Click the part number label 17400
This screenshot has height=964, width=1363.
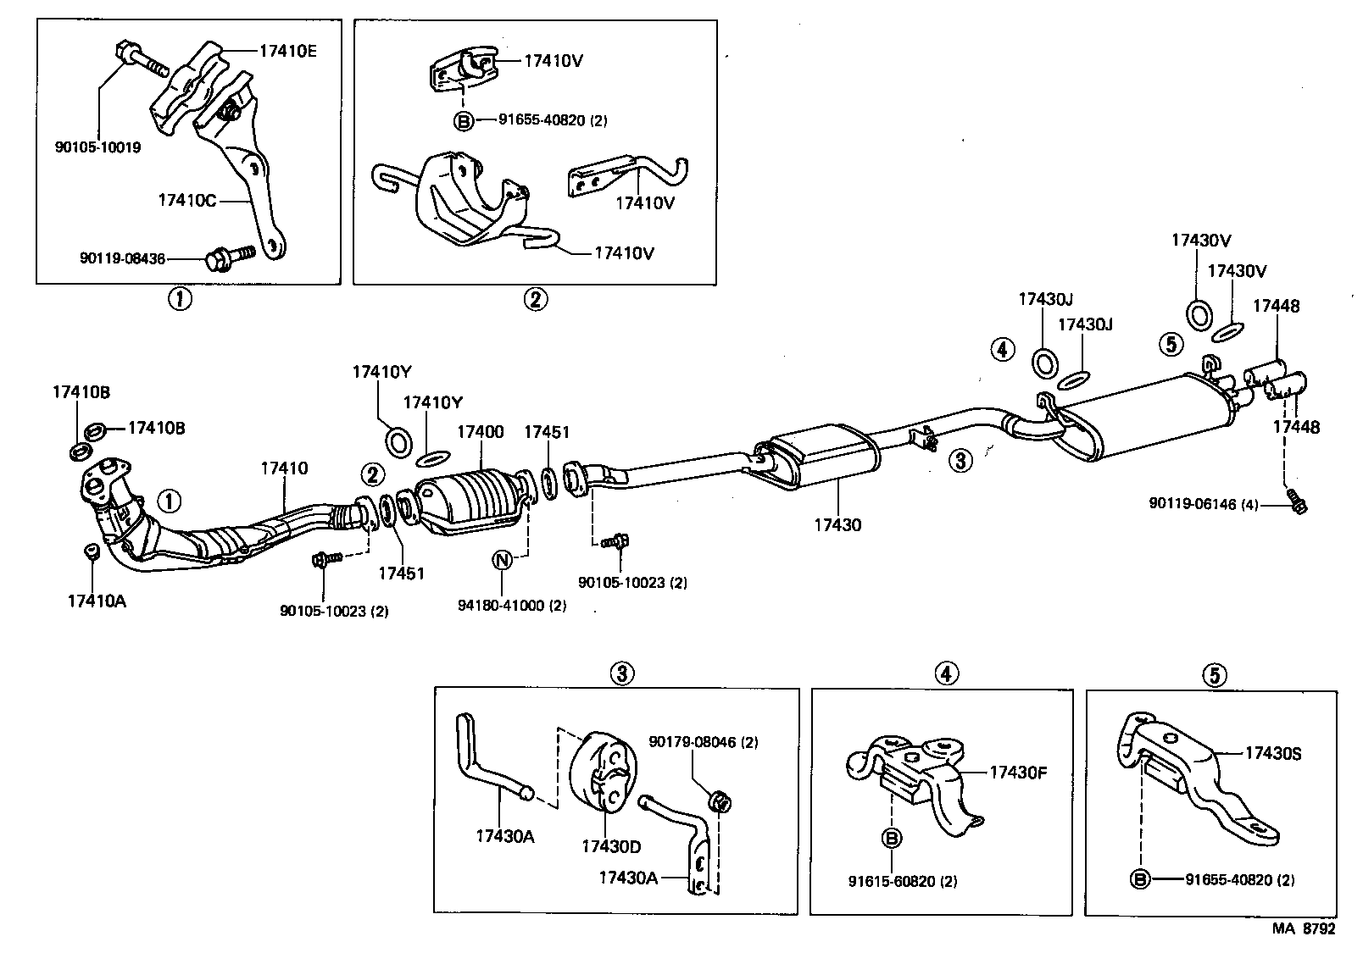[x=480, y=432]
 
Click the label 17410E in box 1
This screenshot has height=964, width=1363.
[x=287, y=50]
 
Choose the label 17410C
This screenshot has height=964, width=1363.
[x=187, y=201]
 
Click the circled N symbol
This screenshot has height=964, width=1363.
[x=502, y=560]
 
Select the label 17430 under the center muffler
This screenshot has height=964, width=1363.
[x=837, y=525]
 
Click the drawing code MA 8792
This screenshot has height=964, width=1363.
[x=1303, y=928]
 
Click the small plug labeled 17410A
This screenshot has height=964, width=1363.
[x=91, y=553]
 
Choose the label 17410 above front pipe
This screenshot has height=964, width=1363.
[x=284, y=468]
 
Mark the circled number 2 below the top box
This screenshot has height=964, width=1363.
[x=535, y=299]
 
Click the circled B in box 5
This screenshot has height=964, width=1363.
[x=1141, y=880]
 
